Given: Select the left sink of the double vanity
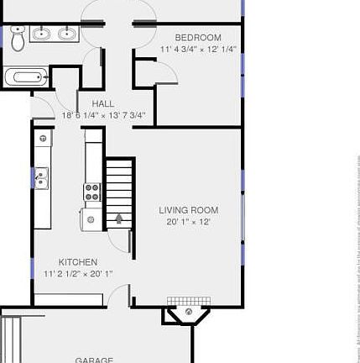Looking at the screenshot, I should pos(42,34).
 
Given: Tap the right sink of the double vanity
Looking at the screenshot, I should pos(66,34).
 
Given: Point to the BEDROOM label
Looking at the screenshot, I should pos(198,38).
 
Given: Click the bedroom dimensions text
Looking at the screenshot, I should pos(198,49).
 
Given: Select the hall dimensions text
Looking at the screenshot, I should pos(103,115).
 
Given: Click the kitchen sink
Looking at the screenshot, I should pos(41,177).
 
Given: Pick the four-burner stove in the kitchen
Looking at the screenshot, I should pos(92,192).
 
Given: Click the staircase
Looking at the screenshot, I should pos(119,189).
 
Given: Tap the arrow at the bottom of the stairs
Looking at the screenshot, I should pos(119,218).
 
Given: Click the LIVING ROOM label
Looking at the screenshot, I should pos(189,210).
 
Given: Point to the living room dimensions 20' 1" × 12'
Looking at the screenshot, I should pos(189,222).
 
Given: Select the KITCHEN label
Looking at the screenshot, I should pos(78,262).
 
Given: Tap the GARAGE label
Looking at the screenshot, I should pos(94,359).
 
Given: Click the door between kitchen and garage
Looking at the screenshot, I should pos(117,296).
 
